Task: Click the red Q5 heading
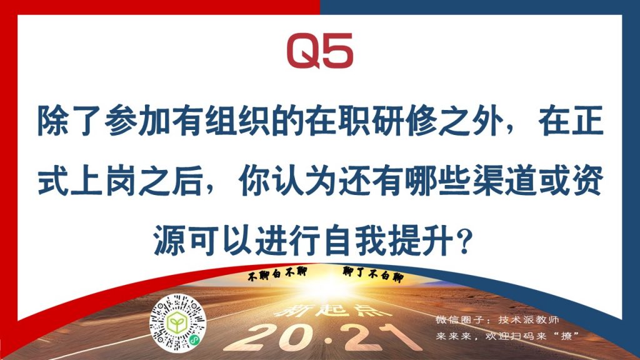pyautogui.click(x=320, y=51)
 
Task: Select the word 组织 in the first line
pyautogui.click(x=236, y=121)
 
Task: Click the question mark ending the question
pyautogui.click(x=464, y=241)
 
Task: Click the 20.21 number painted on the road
pyautogui.click(x=322, y=337)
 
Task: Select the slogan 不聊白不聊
pyautogui.click(x=277, y=274)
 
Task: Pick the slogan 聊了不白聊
pyautogui.click(x=373, y=274)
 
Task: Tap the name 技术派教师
pyautogui.click(x=528, y=319)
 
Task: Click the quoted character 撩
pyautogui.click(x=566, y=336)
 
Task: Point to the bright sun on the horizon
pyautogui.click(x=326, y=286)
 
